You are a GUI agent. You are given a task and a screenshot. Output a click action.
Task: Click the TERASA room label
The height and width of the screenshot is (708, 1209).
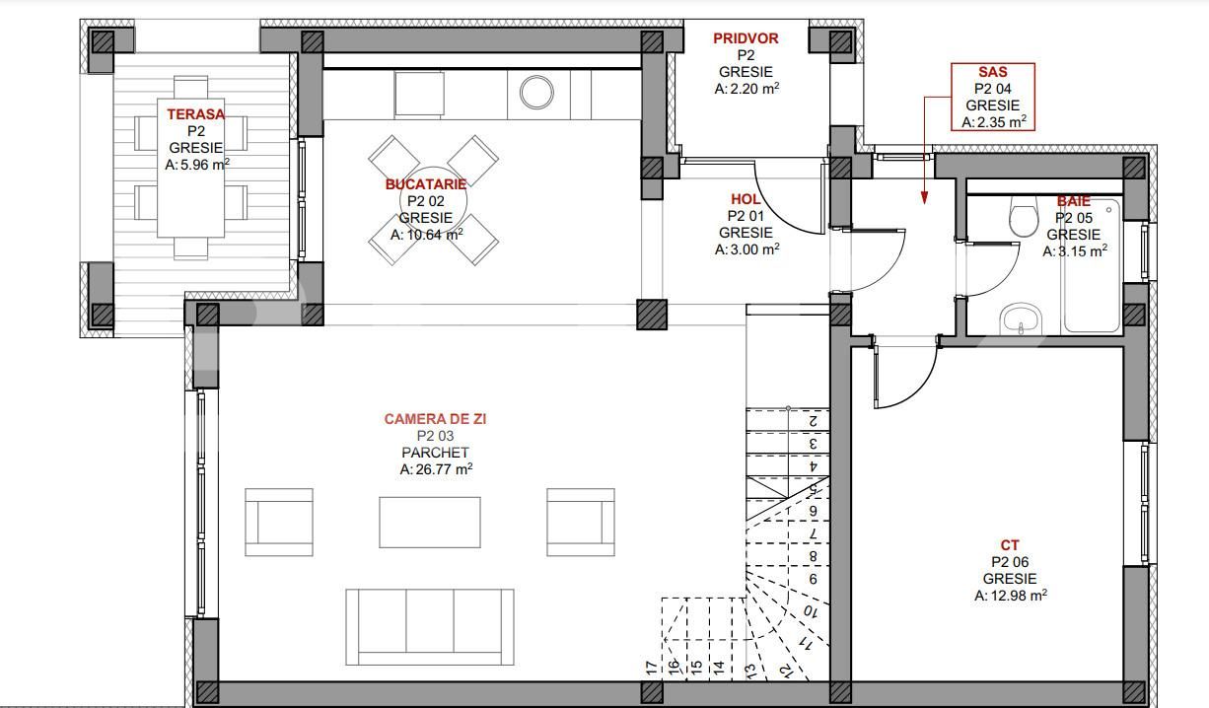coord(195,114)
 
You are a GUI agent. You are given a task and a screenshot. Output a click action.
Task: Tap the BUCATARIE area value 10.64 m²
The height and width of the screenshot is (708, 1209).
coord(427,235)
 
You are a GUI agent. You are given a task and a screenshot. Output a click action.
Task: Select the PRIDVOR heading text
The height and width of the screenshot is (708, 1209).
coord(746,38)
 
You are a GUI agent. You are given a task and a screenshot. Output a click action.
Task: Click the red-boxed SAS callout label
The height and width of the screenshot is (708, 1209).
coord(992,72)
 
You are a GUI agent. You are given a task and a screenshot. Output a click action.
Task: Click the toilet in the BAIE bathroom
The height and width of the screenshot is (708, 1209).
coord(1023,218)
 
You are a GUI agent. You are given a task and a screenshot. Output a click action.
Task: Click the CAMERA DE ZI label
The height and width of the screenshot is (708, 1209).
coord(435,419)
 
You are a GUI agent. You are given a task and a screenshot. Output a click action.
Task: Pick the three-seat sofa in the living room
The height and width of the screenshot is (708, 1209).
coord(430,627)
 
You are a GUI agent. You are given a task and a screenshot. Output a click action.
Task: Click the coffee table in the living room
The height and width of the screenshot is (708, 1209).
coord(430,522)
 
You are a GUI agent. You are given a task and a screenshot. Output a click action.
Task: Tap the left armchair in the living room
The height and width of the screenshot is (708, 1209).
coord(279,516)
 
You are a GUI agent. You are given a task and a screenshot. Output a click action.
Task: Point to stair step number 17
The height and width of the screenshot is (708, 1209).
coord(652,668)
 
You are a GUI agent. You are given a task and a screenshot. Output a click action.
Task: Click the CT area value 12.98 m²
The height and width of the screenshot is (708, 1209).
coord(1010,596)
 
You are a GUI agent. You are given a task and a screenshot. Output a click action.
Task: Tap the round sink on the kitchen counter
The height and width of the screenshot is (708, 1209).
coord(537,93)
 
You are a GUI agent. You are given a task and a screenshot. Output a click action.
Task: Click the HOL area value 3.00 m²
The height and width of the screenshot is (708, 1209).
coord(747,250)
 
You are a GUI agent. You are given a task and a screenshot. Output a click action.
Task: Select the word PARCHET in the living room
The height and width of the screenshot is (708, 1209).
coord(435,453)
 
